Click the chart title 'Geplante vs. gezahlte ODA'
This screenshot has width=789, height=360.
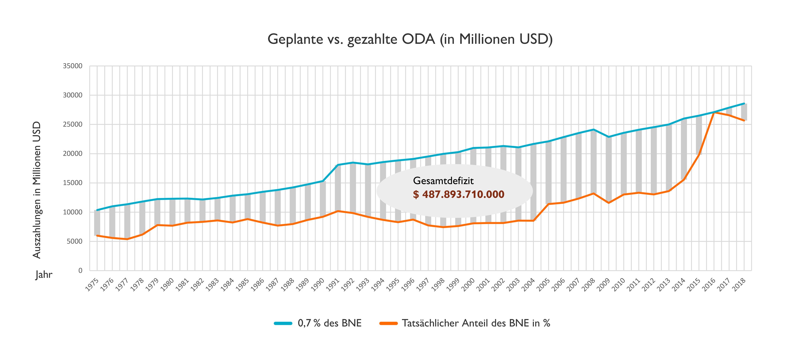click(x=410, y=39)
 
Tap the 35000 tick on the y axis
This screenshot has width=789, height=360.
click(x=73, y=66)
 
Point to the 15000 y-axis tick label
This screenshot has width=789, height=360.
click(x=73, y=183)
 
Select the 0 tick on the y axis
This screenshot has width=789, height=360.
click(x=80, y=270)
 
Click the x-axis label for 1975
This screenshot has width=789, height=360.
click(x=92, y=285)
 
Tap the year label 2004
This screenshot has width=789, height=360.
click(x=528, y=285)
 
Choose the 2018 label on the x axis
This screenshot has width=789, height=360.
click(x=739, y=285)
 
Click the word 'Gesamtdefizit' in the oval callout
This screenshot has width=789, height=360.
click(x=443, y=181)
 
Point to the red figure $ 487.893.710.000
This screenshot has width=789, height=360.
click(x=459, y=194)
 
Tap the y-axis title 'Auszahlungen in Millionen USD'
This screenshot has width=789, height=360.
click(x=37, y=190)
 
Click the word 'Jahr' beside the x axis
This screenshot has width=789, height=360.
click(x=44, y=274)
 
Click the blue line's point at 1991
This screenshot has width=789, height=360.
click(x=338, y=165)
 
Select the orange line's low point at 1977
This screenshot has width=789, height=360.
click(x=127, y=239)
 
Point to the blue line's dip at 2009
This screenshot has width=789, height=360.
click(x=609, y=137)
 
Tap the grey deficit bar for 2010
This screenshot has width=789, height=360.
click(x=624, y=164)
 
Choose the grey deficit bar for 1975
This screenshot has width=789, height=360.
click(x=97, y=223)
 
